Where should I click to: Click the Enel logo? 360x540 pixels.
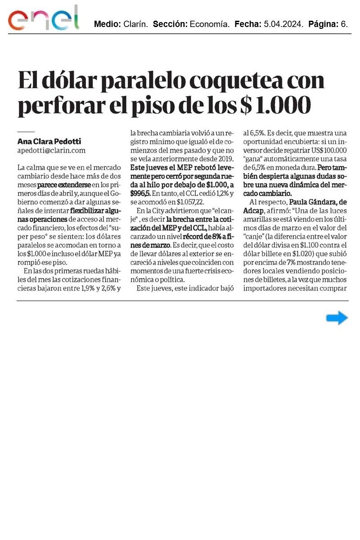click(43, 19)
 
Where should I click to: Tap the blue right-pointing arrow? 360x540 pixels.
click(337, 318)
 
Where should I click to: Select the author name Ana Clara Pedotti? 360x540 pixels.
click(49, 141)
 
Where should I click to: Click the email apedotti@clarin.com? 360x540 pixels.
click(51, 150)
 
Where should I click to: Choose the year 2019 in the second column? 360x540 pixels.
click(224, 158)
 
